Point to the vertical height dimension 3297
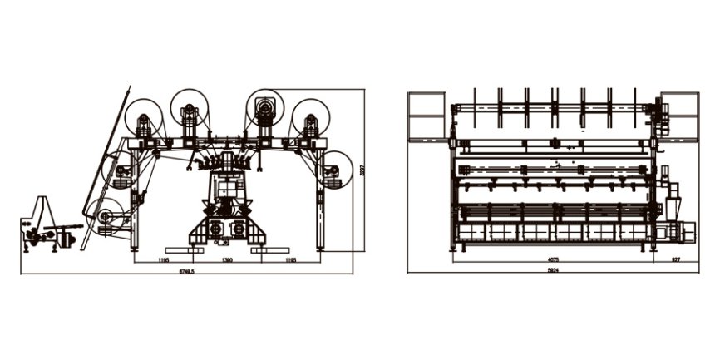coord(362,170)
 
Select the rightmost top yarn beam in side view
coord(311,114)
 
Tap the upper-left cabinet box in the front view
coord(427,116)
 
